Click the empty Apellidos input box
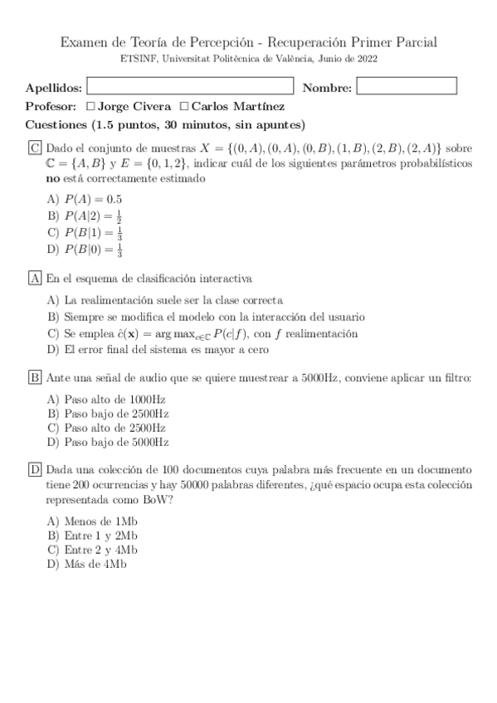coord(190,86)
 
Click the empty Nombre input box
coord(407,86)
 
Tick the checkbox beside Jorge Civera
coord(91,106)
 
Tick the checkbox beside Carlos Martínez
coord(184,106)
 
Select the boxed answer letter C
coord(35,148)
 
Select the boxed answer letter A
coord(35,279)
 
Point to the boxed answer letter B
coord(35,378)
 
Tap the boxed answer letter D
coord(35,469)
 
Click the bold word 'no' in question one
coord(52,179)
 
